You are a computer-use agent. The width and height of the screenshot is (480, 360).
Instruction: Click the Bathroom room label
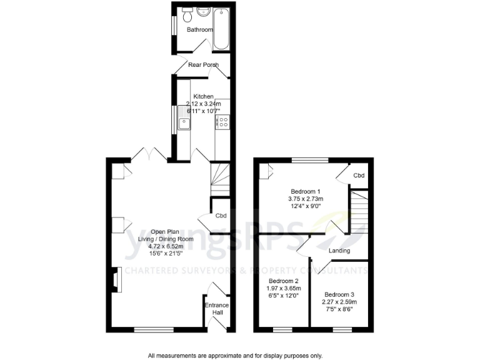click(x=199, y=29)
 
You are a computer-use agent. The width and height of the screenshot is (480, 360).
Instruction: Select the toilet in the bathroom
click(x=186, y=11)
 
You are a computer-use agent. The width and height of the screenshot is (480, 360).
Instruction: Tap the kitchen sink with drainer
click(x=184, y=117)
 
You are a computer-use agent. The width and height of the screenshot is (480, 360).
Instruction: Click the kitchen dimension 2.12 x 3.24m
click(x=203, y=104)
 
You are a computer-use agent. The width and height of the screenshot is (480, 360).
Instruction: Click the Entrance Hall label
click(x=217, y=309)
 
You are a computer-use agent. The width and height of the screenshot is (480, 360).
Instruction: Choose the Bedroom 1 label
click(x=306, y=191)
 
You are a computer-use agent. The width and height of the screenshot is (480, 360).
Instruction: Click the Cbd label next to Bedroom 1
click(x=358, y=176)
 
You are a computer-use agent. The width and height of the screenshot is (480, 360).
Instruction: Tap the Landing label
click(x=339, y=251)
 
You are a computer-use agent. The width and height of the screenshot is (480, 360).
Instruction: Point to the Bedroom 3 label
click(x=339, y=294)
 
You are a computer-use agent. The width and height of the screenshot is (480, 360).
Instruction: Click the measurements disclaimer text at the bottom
click(x=235, y=355)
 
